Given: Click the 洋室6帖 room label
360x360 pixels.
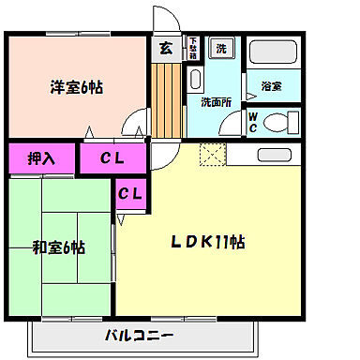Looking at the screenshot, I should pos(77,88).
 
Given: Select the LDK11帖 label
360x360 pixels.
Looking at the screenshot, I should pos(208,242).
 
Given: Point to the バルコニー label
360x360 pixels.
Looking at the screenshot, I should pos(138,335).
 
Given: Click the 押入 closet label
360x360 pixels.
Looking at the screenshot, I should pos(41,157).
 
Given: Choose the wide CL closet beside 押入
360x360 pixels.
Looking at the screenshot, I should pos(113,157).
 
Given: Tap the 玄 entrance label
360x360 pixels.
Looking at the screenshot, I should pos(165,50).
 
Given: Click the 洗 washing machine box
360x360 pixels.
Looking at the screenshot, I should pos(221,48).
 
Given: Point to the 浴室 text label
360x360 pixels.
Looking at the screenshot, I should pos(271,86).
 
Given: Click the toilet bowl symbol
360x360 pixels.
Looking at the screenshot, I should pos(276,121).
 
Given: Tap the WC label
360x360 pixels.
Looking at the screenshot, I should pos(252,122).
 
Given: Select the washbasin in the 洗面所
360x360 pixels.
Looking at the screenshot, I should pos(194,79).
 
